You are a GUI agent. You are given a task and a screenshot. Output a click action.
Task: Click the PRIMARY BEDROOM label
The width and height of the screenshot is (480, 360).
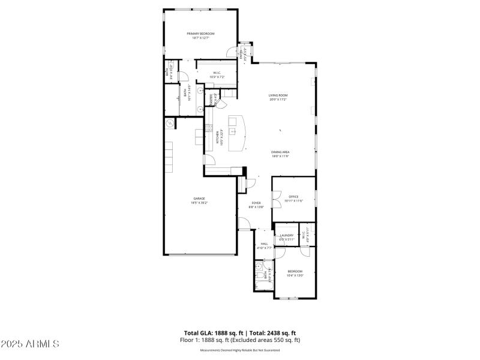tap(200, 34)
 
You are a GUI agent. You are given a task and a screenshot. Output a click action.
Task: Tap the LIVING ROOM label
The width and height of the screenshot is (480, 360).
tap(278, 95)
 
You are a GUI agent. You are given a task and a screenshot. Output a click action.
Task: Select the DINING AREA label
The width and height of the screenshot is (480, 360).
tap(280, 152)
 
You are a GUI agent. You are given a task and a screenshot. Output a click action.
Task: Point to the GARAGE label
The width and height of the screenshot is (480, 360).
tap(199, 199)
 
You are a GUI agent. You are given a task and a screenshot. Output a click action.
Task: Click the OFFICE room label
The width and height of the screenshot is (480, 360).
tap(293, 197)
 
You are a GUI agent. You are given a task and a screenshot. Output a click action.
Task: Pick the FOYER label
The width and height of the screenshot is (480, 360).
tap(256, 203)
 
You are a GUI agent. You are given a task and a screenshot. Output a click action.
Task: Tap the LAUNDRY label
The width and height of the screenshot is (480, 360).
tap(287, 235)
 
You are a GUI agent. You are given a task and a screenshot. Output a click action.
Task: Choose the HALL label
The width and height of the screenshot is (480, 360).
tap(265, 244)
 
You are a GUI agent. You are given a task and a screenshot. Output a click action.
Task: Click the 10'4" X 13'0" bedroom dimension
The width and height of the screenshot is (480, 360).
tap(295, 275)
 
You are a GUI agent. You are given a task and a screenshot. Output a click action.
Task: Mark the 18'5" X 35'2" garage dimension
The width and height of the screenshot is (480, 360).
tap(199, 203)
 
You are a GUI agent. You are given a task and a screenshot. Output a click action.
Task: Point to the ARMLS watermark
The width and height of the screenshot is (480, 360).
tap(30, 344)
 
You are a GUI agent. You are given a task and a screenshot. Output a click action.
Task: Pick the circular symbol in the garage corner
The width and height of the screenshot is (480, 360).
tap(170, 123)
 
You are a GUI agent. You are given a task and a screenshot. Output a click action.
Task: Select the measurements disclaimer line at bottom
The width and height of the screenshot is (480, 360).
tap(240, 350)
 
